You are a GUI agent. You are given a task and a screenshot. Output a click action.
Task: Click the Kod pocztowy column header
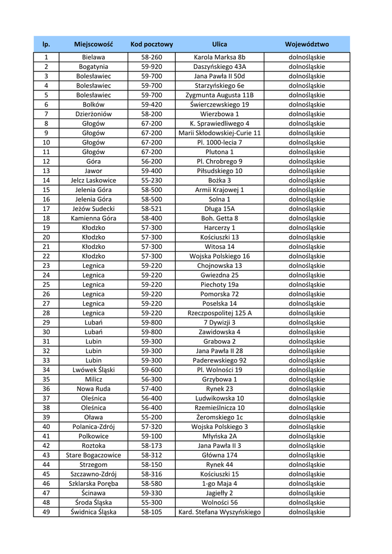tap(151, 44)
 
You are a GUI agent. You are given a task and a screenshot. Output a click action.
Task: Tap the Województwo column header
tap(307, 44)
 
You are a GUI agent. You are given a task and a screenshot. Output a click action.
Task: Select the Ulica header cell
tap(220, 44)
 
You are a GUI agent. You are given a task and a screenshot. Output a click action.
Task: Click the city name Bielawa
tap(94, 57)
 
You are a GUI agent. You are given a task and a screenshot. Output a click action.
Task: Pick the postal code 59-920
tap(151, 67)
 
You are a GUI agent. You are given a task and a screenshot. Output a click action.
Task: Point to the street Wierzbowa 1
tap(220, 114)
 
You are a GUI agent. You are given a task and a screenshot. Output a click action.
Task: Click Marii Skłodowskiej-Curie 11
tap(220, 133)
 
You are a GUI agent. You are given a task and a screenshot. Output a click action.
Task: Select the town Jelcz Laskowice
tap(94, 180)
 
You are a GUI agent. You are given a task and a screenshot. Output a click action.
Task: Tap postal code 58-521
tap(151, 209)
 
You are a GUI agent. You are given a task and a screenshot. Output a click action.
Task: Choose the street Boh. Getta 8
tap(220, 218)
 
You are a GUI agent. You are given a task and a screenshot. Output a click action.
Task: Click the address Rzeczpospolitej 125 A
tap(220, 313)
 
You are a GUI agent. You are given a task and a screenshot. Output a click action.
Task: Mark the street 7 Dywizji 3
tap(220, 322)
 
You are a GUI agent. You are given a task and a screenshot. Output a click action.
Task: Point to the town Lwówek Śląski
tap(94, 370)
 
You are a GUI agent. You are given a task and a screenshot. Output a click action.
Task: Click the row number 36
tap(46, 388)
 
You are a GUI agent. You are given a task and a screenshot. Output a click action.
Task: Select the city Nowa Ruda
tap(94, 388)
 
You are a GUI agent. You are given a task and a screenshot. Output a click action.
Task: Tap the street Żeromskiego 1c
tap(220, 417)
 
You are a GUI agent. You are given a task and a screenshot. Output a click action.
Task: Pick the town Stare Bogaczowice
tap(94, 455)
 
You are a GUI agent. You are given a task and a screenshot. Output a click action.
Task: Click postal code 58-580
tap(151, 483)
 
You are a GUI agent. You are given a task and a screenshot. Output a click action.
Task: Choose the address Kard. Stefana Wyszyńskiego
tap(220, 512)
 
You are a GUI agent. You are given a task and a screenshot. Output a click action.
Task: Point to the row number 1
tap(46, 57)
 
